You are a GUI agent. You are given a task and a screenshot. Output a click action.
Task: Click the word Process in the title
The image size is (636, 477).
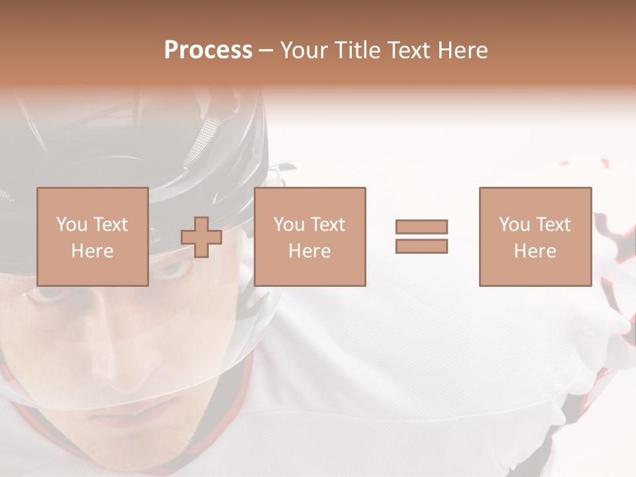(208, 50)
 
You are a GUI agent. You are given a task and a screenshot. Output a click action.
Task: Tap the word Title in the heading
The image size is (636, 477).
(356, 50)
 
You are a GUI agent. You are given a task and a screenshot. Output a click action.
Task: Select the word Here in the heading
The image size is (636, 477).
(462, 50)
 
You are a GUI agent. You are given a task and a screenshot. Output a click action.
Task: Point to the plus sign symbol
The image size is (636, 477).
(201, 237)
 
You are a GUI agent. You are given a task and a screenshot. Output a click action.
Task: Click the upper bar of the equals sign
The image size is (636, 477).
(421, 227)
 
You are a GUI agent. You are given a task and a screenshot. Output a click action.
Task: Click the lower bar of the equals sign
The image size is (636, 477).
(421, 246)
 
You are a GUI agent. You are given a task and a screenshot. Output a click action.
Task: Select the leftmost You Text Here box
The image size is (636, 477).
(92, 237)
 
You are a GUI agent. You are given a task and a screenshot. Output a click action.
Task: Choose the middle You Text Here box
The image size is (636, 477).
(309, 237)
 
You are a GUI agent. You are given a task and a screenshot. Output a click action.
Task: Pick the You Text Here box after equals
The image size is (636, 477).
(535, 237)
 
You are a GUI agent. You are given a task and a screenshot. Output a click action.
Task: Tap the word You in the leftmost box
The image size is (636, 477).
(72, 225)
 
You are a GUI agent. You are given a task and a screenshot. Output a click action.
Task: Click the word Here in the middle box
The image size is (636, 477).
(309, 251)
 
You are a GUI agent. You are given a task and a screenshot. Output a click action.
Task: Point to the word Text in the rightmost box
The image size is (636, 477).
(553, 225)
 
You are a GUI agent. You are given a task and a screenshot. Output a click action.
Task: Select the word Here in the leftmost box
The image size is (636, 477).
(92, 251)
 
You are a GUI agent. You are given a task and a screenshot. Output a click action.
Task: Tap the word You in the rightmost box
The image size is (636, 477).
(514, 225)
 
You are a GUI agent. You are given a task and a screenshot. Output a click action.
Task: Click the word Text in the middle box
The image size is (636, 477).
(327, 225)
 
